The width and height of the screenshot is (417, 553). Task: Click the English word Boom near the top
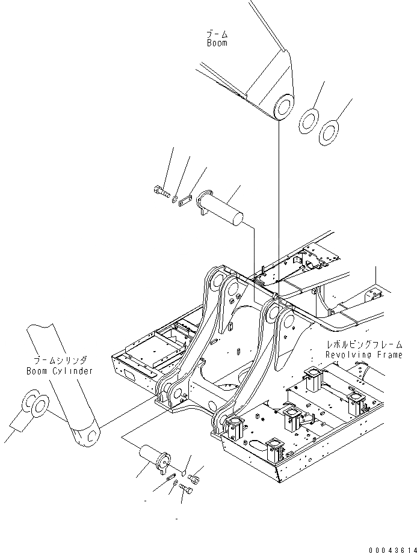(x=217, y=43)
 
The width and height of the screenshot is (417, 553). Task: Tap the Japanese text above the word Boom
(x=217, y=34)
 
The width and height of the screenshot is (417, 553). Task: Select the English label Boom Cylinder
(x=60, y=371)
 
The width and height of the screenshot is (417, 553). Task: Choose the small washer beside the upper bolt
(x=174, y=199)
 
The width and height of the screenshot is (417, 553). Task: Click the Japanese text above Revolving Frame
(x=360, y=345)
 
